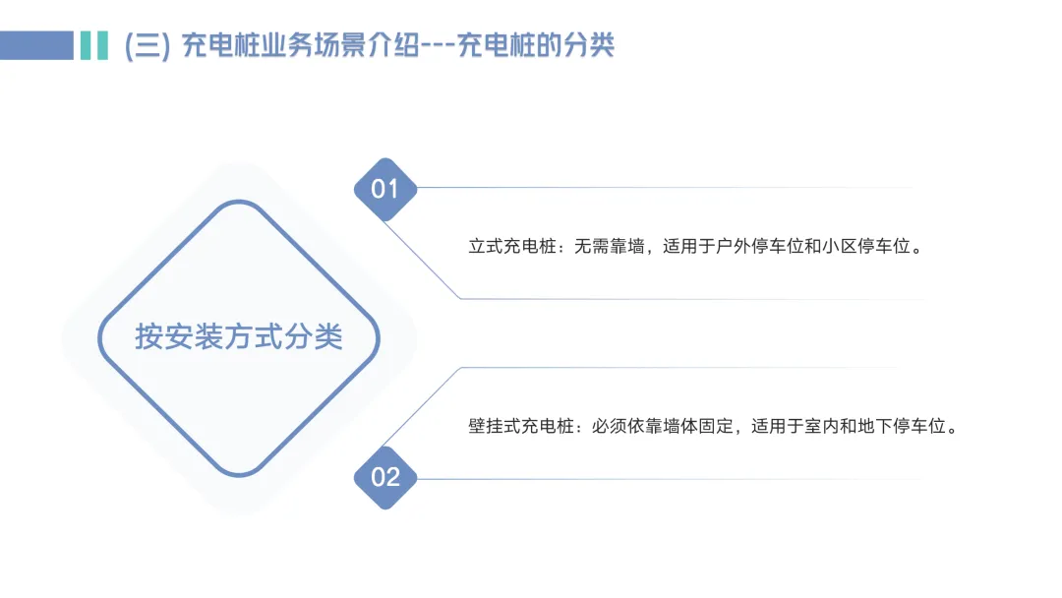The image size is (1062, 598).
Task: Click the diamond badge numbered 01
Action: click(385, 188)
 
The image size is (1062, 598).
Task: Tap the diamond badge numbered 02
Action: click(385, 477)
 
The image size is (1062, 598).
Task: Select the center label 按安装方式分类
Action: click(239, 337)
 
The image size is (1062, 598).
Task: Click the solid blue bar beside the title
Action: click(36, 45)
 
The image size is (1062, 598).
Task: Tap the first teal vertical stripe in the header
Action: click(86, 45)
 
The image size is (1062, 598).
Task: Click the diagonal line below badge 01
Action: click(423, 261)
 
